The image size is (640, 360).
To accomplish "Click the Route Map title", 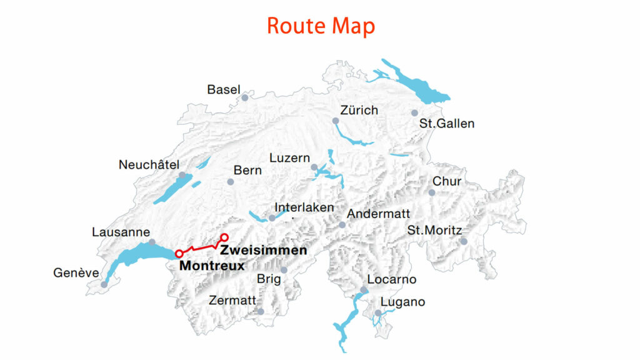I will (321, 26).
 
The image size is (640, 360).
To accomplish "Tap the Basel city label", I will (224, 90).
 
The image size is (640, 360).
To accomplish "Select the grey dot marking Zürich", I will (336, 121).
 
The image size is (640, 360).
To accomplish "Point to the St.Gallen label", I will (447, 124).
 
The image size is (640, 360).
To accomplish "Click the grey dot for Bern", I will (231, 182).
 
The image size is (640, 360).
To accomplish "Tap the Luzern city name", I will (289, 157).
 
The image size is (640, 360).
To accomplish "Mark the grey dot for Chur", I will (432, 192).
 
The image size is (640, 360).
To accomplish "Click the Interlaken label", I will (304, 207).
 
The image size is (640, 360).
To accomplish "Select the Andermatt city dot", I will (342, 225).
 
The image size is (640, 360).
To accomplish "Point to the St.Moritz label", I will (434, 230).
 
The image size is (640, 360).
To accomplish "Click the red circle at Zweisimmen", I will (224, 237).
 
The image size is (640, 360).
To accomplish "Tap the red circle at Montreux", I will (179, 254).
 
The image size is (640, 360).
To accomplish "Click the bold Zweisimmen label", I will (263, 251).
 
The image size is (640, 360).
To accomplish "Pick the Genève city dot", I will (104, 284).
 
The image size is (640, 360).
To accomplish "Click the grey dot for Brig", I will (284, 270).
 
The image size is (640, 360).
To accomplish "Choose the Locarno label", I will (392, 279).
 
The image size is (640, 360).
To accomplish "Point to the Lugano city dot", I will (378, 312).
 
